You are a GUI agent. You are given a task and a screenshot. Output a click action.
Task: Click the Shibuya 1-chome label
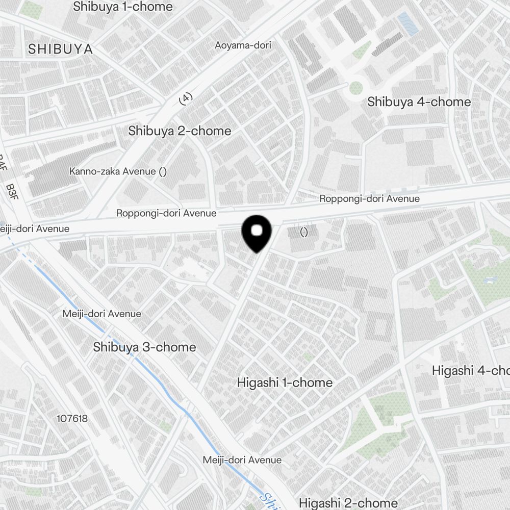coord(123,7)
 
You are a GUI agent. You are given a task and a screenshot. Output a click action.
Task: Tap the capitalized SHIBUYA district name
coord(60,49)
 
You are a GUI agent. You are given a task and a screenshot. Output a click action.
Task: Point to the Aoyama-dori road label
coord(243,45)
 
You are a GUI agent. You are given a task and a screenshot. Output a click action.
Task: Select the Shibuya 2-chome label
coord(180,131)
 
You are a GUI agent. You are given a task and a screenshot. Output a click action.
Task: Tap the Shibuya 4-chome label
coord(419,101)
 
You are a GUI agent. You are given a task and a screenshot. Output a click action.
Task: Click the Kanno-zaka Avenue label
coord(118,171)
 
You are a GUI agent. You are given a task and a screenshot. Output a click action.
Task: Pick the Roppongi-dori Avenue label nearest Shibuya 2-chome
coord(166,213)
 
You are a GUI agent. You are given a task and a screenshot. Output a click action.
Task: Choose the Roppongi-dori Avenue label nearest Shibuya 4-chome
coord(369,198)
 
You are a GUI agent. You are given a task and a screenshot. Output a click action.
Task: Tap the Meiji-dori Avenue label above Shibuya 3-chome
coord(101,314)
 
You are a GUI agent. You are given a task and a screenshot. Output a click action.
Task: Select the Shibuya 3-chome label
coord(144,347)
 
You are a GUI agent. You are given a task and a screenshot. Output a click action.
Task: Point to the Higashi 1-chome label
coord(285,382)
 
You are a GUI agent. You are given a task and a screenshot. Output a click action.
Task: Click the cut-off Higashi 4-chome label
coord(470,370)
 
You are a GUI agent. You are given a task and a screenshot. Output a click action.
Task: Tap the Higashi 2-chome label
coord(348,503)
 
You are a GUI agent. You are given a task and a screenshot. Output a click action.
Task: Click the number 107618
coord(72,419)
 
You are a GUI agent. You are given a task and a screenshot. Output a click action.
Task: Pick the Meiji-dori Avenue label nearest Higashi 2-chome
coord(242,460)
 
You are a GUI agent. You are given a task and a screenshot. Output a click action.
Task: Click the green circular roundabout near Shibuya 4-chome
coord(355,88)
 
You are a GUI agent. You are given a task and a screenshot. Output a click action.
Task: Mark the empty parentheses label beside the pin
coord(304,233)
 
